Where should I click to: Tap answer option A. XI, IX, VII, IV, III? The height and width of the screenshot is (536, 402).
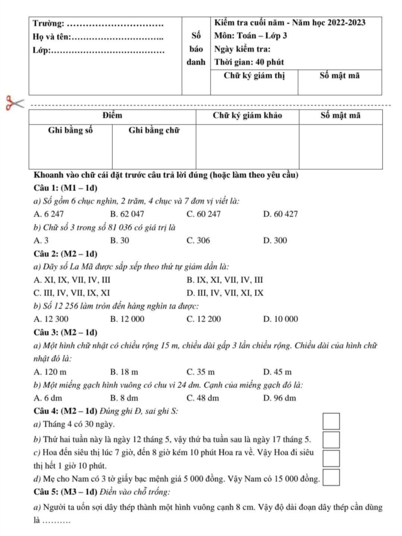click(72, 280)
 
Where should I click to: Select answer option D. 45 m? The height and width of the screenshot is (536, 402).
click(278, 371)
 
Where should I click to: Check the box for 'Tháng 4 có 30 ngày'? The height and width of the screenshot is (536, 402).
click(331, 421)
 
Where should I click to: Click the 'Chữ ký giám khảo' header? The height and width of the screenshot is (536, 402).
click(248, 115)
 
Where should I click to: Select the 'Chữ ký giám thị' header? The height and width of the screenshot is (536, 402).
click(254, 76)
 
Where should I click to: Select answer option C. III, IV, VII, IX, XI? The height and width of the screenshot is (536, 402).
click(72, 293)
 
